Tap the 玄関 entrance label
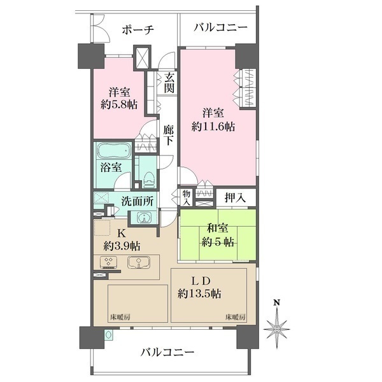coord(169,82)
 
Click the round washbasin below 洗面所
coord(145,218)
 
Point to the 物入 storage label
coord(185,197)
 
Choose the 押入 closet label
coord(234,198)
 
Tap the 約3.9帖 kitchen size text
coord(122,246)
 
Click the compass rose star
coord(276,329)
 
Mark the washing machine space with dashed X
coord(102,198)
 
